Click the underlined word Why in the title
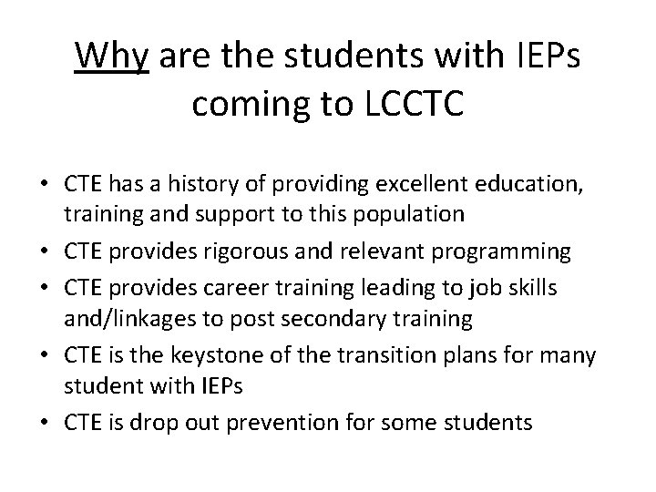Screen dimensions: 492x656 (112, 57)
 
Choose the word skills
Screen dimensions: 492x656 (534, 288)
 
